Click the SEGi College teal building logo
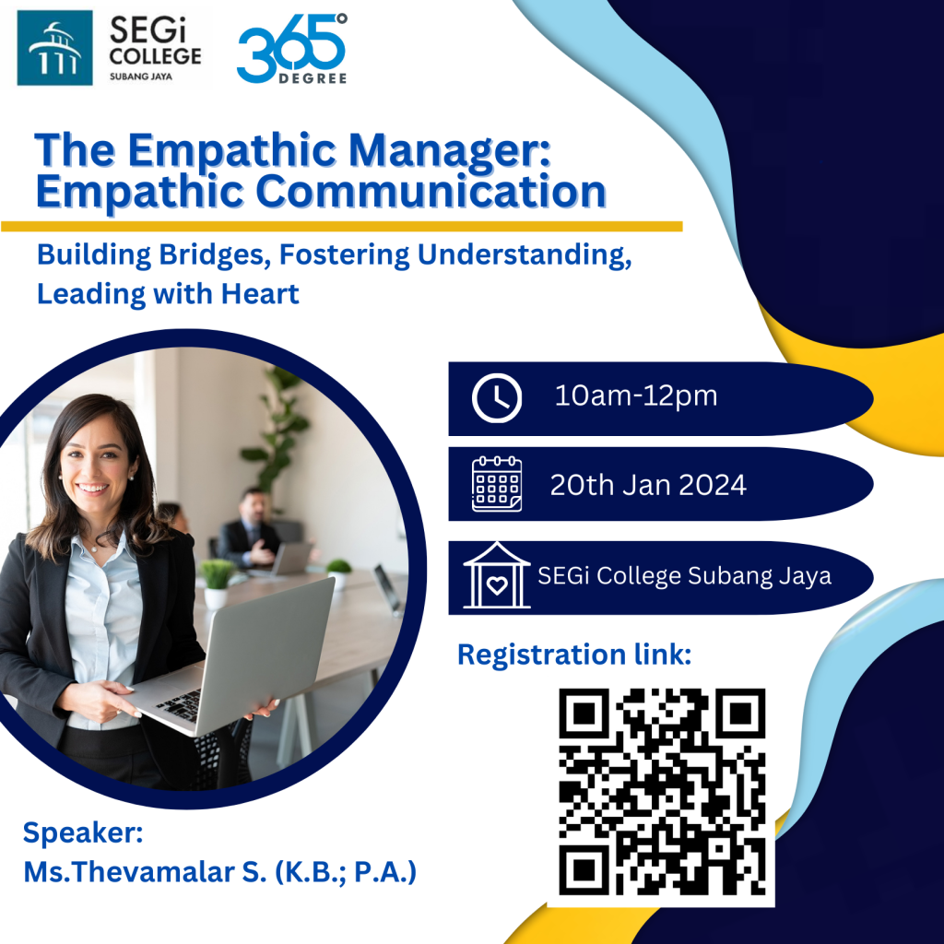tap(54, 48)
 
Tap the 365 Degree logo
tap(292, 49)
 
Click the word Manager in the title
tap(450, 150)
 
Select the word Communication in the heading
tap(431, 192)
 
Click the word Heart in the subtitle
tap(260, 294)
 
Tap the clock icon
tap(497, 398)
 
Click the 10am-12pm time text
tap(636, 396)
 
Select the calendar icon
tap(497, 484)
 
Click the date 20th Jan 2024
tap(648, 485)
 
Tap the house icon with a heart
tap(497, 575)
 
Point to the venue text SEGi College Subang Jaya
tap(684, 576)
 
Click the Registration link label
tap(574, 655)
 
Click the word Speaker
tap(83, 833)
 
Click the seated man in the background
tap(251, 530)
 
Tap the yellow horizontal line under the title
tap(341, 227)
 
